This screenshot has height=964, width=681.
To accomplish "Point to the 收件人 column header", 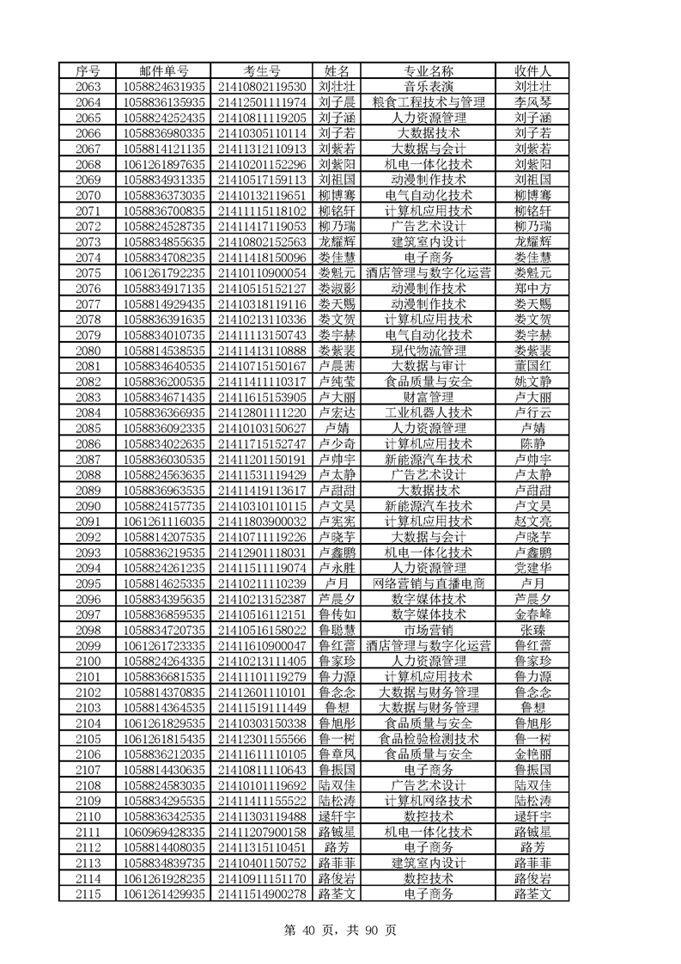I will coord(532,70).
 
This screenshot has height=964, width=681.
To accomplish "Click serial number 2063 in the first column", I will coord(88,87).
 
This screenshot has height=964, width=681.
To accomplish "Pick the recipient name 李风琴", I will coord(532,102).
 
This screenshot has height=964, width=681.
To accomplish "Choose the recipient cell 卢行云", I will coord(532,412).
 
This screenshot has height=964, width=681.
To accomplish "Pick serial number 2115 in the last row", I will coord(88,894).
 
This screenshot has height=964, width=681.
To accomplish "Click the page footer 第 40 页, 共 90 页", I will coord(340,930).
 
